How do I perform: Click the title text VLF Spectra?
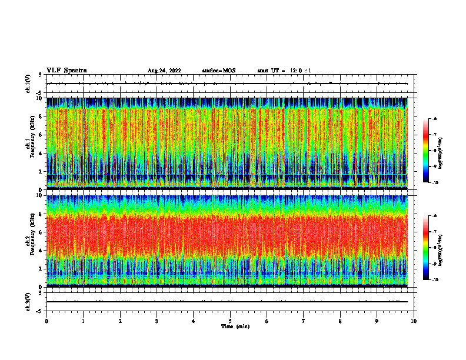[x=66, y=71]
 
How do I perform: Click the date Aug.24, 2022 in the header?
[x=164, y=71]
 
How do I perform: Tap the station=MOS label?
[x=218, y=71]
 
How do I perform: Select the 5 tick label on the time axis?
[x=230, y=321]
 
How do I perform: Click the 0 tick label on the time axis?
[x=46, y=321]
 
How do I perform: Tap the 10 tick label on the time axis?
[x=414, y=321]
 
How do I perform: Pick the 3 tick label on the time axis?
[x=157, y=321]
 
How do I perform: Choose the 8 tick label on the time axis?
[x=341, y=321]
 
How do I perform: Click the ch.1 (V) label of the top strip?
[x=28, y=84]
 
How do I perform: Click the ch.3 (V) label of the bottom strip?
[x=28, y=301]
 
